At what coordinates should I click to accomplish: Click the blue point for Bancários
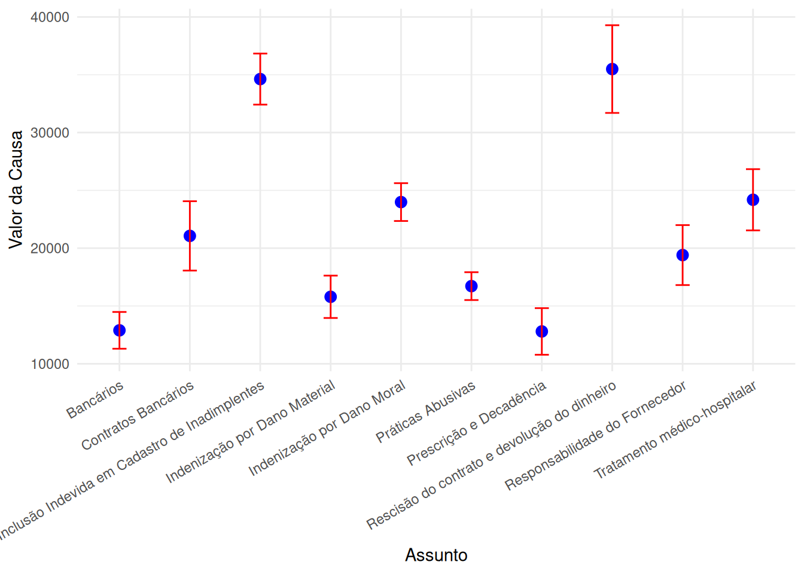click(x=119, y=330)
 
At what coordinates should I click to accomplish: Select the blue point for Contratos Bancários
click(x=190, y=236)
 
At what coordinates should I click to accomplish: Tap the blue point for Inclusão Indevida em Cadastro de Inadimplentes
click(x=260, y=79)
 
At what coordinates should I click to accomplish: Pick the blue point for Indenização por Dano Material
click(x=331, y=297)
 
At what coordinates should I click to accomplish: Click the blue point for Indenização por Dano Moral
click(x=401, y=202)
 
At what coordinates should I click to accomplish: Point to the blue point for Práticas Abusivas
click(x=471, y=286)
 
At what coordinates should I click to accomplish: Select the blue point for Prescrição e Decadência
click(x=542, y=331)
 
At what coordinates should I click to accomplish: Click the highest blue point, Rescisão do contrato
click(x=612, y=69)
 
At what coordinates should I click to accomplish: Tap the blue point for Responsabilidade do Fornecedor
click(x=683, y=255)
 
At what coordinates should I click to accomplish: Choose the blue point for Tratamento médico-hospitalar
click(x=753, y=200)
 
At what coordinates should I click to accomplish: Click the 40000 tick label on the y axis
click(x=50, y=17)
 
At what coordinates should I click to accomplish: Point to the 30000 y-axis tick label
click(x=50, y=133)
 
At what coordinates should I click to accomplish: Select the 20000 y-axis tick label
click(x=50, y=249)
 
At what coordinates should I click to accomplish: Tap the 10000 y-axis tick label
click(x=50, y=364)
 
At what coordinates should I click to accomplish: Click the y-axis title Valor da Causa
click(x=16, y=190)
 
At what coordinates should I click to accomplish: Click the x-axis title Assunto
click(x=436, y=555)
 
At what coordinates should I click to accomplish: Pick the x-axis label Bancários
click(x=96, y=399)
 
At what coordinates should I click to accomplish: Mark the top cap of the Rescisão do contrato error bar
click(x=612, y=26)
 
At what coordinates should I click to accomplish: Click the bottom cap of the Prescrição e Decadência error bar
click(x=542, y=355)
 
